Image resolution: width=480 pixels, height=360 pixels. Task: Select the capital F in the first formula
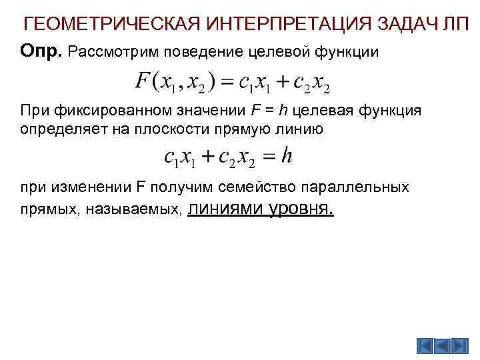(142, 83)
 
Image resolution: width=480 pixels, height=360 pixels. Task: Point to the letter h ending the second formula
(287, 156)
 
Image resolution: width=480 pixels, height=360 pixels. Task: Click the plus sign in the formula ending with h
(210, 157)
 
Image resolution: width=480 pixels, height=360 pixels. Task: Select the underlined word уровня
(299, 209)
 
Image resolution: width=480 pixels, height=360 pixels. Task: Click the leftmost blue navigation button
(425, 345)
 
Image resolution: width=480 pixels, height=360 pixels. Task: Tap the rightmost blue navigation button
(461, 345)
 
